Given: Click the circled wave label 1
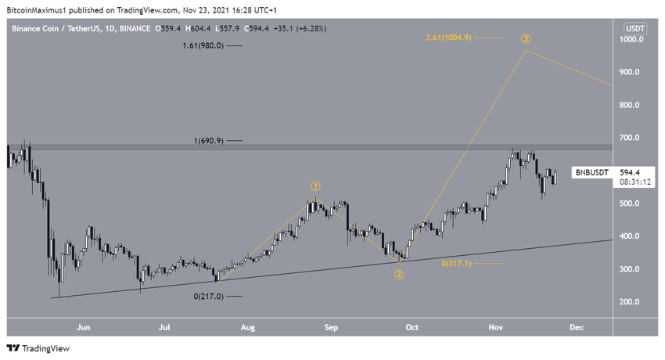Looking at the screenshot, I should (x=315, y=186).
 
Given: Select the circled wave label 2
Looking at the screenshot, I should (x=399, y=274).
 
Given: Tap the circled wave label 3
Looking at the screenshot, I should (x=527, y=38).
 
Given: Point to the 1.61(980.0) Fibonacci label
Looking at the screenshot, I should (x=203, y=46).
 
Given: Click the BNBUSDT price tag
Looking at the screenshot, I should (x=589, y=173).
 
